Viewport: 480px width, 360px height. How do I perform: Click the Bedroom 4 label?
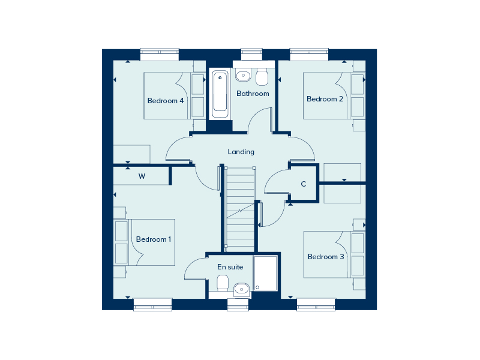pyautogui.click(x=166, y=101)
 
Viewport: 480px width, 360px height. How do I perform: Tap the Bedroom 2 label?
pyautogui.click(x=325, y=99)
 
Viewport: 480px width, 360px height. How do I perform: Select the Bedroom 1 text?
pyautogui.click(x=154, y=239)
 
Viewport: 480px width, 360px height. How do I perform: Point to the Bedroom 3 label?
pyautogui.click(x=326, y=257)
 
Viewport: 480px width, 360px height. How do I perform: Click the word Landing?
pyautogui.click(x=241, y=152)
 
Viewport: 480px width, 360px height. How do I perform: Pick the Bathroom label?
pyautogui.click(x=253, y=94)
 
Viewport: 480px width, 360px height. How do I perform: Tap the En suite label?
pyautogui.click(x=230, y=267)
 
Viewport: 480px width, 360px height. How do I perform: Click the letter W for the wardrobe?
pyautogui.click(x=142, y=176)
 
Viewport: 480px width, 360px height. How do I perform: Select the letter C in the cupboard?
pyautogui.click(x=304, y=184)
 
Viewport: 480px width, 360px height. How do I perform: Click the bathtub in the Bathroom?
pyautogui.click(x=220, y=94)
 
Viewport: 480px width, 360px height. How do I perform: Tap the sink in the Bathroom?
pyautogui.click(x=243, y=75)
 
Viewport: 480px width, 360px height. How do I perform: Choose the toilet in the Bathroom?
pyautogui.click(x=262, y=77)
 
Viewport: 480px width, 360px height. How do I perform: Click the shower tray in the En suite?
pyautogui.click(x=265, y=273)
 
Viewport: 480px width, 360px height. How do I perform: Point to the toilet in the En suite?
pyautogui.click(x=223, y=283)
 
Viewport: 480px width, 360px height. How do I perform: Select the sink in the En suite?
pyautogui.click(x=242, y=289)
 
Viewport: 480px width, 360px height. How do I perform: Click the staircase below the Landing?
pyautogui.click(x=239, y=209)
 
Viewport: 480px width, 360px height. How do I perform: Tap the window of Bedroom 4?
pyautogui.click(x=160, y=54)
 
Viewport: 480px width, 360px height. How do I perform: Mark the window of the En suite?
pyautogui.click(x=238, y=304)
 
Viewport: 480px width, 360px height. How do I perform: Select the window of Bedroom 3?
pyautogui.click(x=316, y=304)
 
